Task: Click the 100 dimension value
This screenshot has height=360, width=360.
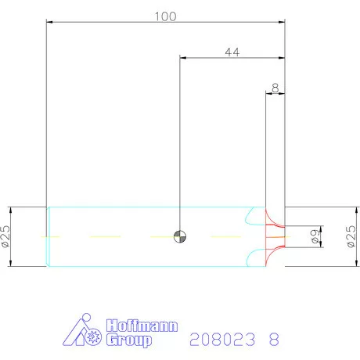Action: [166, 16]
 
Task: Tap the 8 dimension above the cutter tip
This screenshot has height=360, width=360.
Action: [275, 88]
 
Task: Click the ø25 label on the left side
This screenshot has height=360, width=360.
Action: [6, 236]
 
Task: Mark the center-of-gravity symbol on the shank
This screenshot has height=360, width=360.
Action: [180, 236]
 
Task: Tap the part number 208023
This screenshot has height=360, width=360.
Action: [224, 340]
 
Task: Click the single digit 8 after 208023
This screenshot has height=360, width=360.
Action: [273, 340]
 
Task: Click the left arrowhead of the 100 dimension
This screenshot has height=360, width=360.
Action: [50, 22]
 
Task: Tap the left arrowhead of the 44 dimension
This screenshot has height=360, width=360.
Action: [183, 58]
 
